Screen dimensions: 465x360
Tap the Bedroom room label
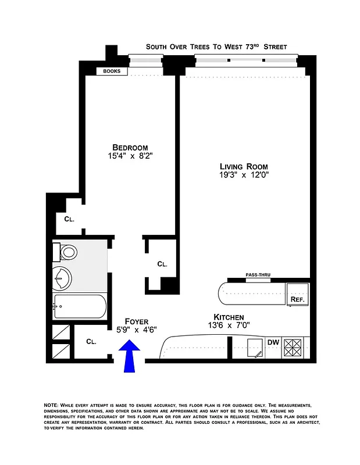click(130, 147)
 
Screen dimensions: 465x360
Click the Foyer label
click(137, 321)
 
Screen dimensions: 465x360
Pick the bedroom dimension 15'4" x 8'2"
click(130, 156)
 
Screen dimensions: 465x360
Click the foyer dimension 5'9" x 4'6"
click(137, 330)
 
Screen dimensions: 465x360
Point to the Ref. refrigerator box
click(298, 299)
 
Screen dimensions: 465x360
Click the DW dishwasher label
click(273, 342)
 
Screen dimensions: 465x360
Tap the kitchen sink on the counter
click(255, 348)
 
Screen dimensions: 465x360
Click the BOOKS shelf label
click(112, 71)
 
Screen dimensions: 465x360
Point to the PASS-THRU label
click(257, 275)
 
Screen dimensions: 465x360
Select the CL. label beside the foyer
click(92, 342)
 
